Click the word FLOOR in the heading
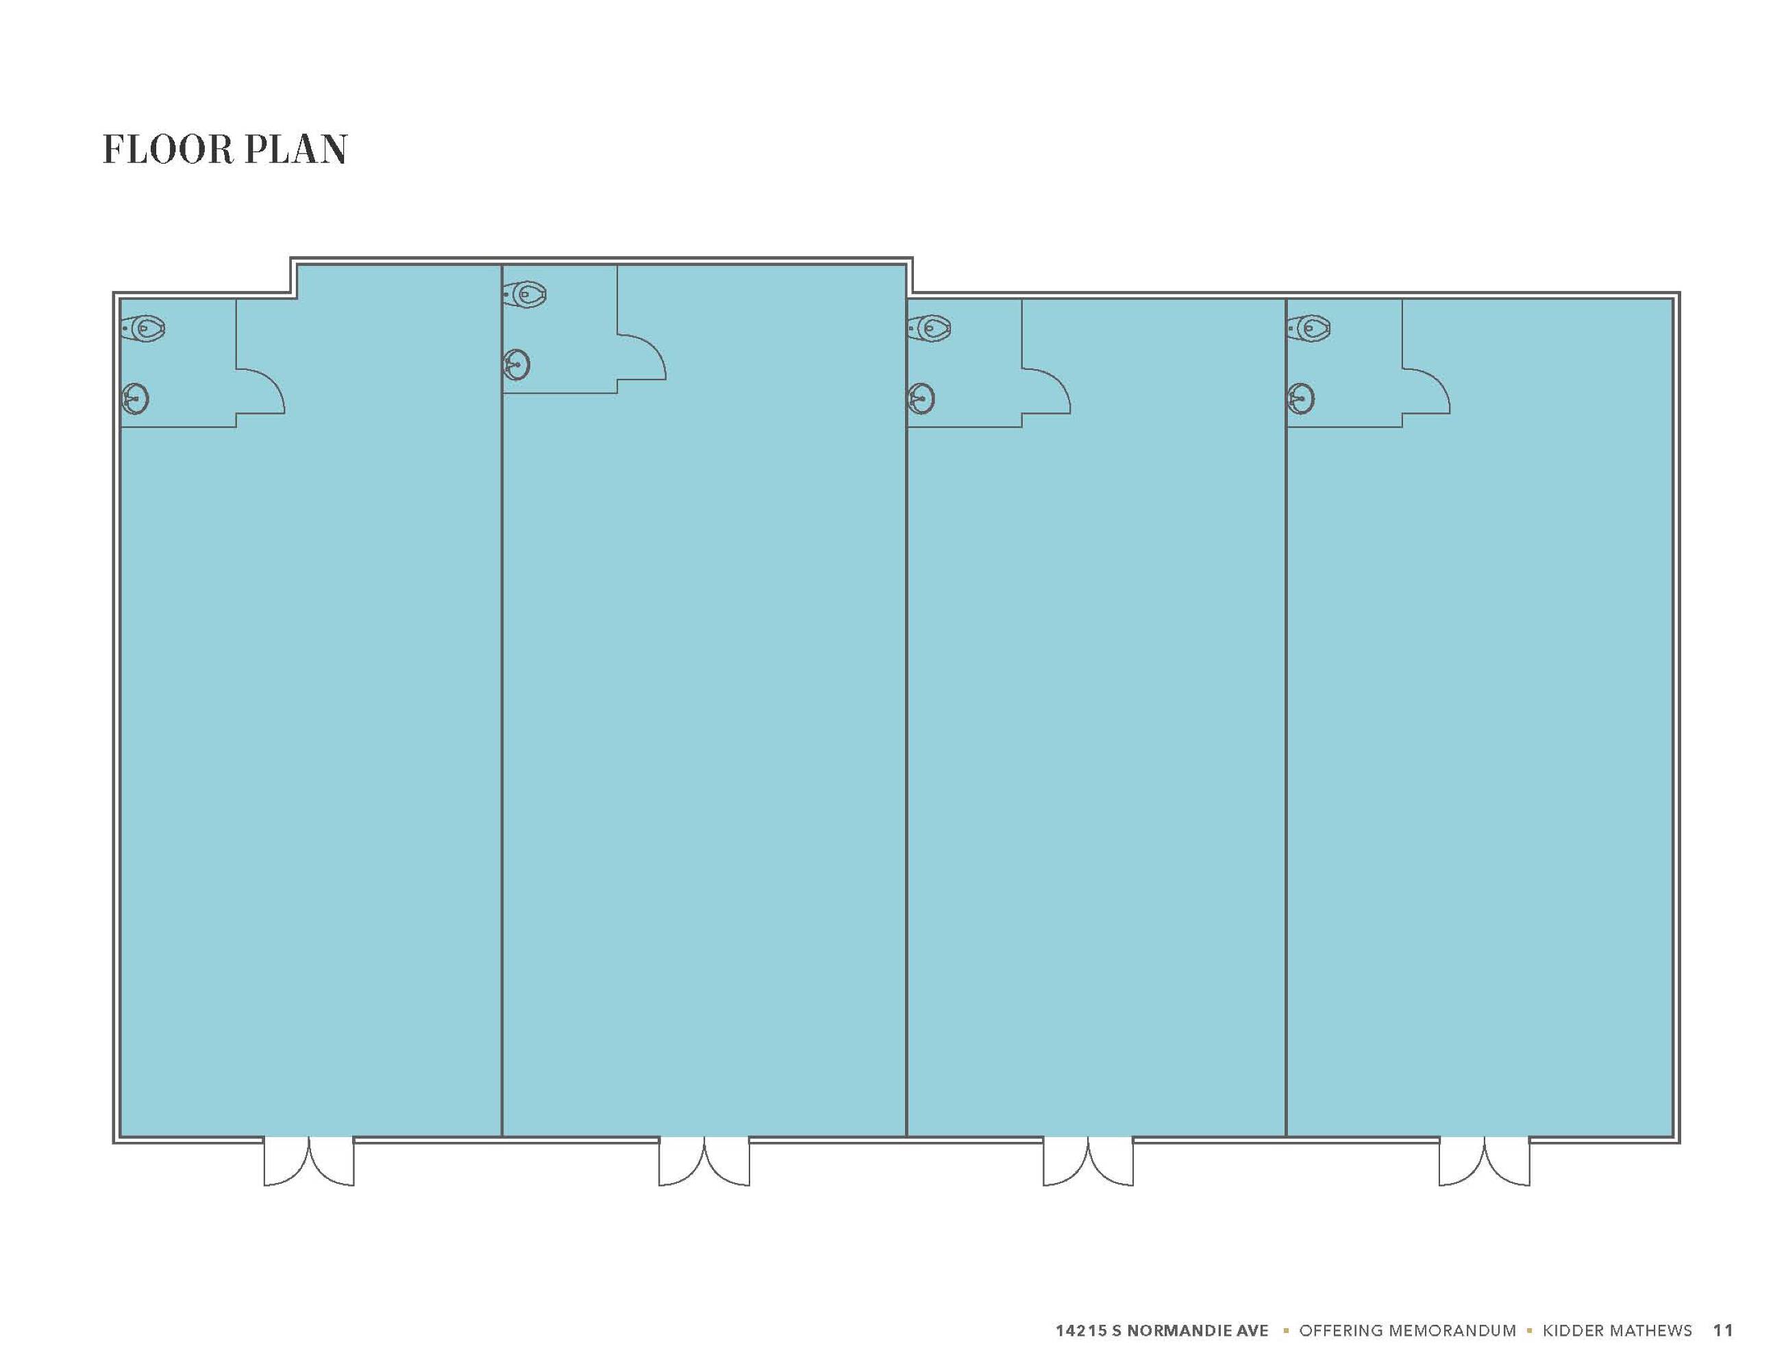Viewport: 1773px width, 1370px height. tap(167, 150)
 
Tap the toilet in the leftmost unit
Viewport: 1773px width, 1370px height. tap(144, 329)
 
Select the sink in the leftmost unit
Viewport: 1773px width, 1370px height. tap(135, 399)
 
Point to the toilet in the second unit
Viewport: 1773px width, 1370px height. tap(524, 295)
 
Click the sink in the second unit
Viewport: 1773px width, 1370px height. tap(517, 364)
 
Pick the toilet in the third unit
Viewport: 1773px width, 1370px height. tap(930, 329)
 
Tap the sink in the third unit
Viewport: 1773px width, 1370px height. tap(921, 399)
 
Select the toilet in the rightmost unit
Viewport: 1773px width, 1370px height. tap(1309, 329)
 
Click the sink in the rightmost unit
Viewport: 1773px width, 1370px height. tap(1300, 399)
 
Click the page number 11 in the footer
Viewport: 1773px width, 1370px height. tap(1723, 1330)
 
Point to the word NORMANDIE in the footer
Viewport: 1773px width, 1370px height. tap(1180, 1330)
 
